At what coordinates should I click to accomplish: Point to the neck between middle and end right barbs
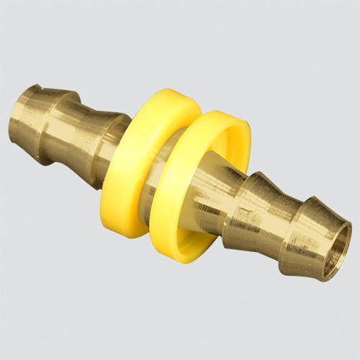pos(292,216)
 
